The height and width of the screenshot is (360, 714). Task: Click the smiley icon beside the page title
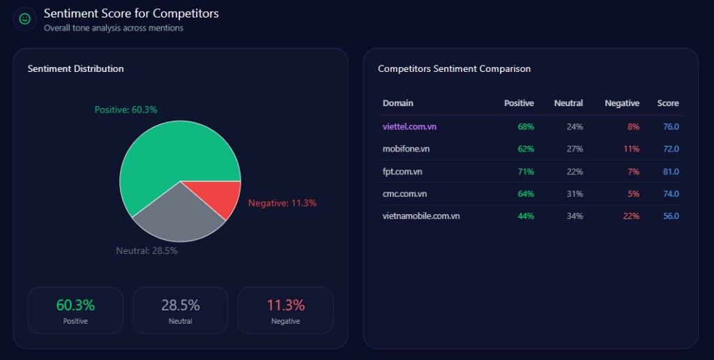[x=25, y=20]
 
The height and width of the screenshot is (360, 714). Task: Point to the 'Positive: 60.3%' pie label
[x=126, y=110]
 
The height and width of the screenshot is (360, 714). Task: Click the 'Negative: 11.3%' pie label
[x=282, y=203]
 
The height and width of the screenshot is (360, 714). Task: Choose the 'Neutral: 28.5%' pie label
[x=146, y=250]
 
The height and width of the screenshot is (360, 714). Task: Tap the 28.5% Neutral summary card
[x=180, y=310]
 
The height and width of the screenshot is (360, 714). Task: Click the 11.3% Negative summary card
[x=285, y=310]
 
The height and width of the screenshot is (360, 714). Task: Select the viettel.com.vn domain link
[x=410, y=126]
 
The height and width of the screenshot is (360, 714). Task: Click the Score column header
[x=668, y=103]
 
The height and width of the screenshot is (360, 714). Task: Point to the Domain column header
[x=397, y=103]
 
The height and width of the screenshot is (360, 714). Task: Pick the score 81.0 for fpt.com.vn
[x=671, y=171]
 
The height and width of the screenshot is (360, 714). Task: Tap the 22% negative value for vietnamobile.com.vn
[x=631, y=216]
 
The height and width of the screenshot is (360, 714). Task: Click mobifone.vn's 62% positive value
[x=526, y=149]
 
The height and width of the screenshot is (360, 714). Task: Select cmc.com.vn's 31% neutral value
[x=575, y=193]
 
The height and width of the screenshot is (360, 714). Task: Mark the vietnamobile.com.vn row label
[x=421, y=216]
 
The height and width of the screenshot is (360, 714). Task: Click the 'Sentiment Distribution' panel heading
[x=75, y=68]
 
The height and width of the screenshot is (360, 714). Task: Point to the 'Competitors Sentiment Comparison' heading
[x=454, y=68]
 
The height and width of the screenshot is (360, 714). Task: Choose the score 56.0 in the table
[x=671, y=216]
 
